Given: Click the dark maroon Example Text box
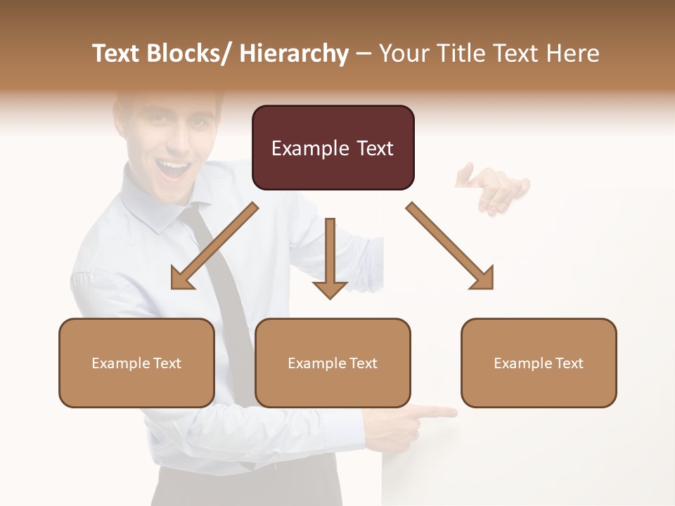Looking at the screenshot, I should pos(333,148).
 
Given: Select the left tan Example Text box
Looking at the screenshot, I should pos(136,363).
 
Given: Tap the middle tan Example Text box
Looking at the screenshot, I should pos(333,363).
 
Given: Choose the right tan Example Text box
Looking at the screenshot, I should pos(539,363).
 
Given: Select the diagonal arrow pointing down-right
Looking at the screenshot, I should pos(450,246).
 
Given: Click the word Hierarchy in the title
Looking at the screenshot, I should pos(293,53).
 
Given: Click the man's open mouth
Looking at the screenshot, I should pos(172,169).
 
